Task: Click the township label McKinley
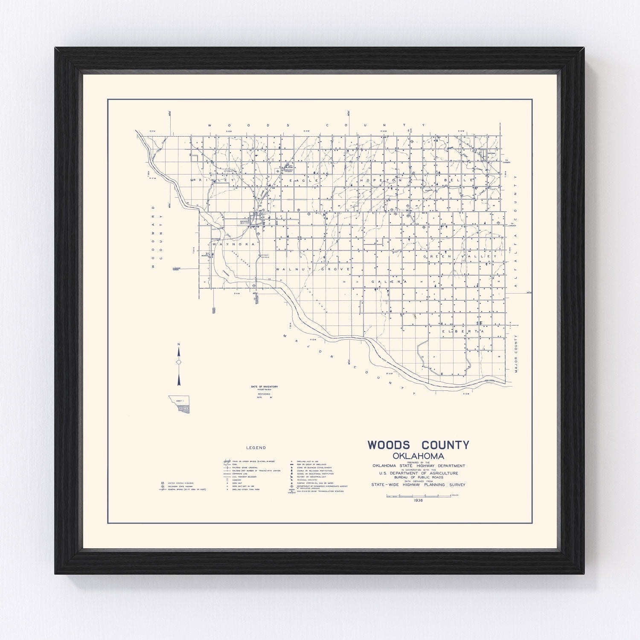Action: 212,180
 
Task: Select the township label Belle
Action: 459,180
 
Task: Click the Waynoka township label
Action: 233,244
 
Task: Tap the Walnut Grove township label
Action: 313,270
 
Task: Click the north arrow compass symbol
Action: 179,362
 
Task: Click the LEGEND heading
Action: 256,448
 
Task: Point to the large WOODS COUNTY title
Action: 418,445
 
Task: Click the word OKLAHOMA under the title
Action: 418,456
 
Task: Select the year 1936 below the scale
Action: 419,500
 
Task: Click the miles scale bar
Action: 418,495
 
